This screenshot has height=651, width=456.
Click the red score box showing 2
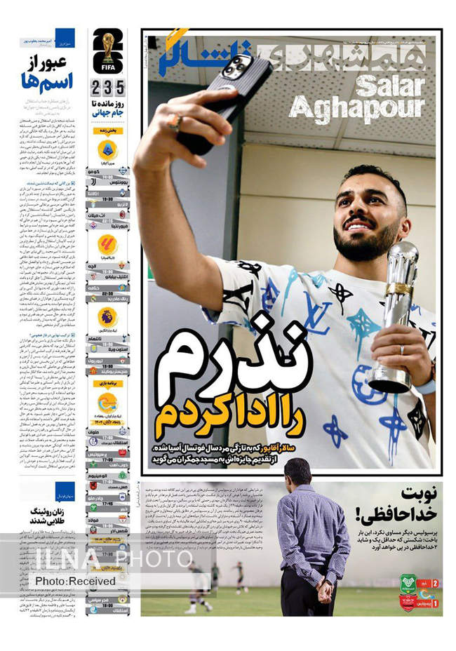pos(436,584)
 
